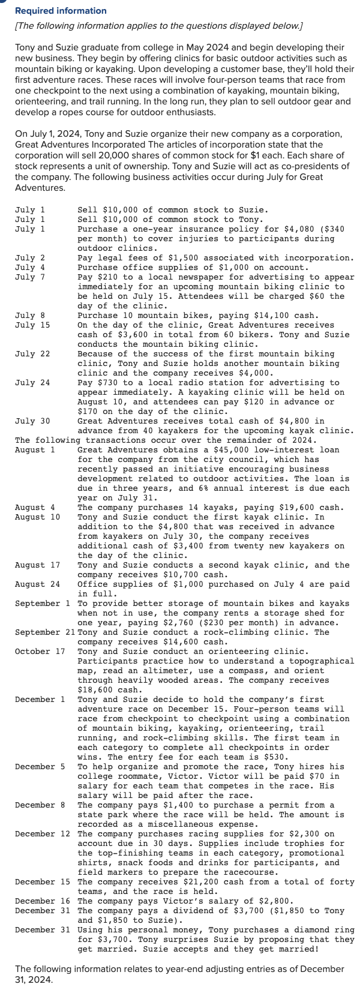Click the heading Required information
pos(61,11)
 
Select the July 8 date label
pos(30,315)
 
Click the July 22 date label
pos(32,353)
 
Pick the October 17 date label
pos(40,651)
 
